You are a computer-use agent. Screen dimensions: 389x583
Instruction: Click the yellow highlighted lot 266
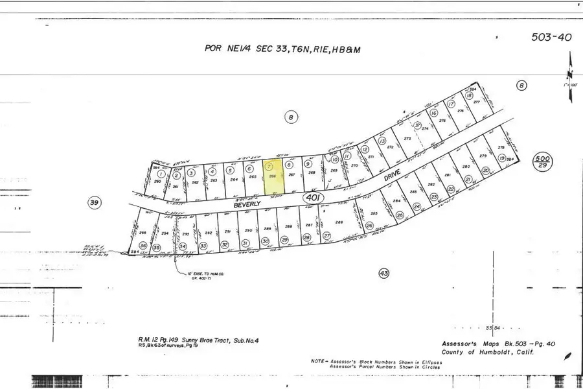pos(274,178)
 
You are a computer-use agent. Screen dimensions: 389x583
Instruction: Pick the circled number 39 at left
pos(95,203)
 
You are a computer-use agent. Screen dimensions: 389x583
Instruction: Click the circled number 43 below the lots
pos(383,274)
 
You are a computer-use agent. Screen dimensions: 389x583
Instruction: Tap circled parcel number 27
pos(327,235)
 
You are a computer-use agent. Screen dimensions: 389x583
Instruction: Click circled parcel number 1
pos(160,174)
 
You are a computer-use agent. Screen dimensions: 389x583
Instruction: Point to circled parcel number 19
pos(501,158)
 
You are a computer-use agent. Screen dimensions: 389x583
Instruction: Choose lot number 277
pos(475,102)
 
